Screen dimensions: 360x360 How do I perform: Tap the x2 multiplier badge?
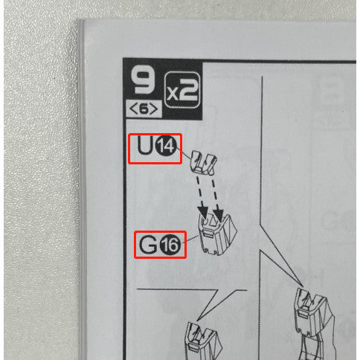tap(182, 90)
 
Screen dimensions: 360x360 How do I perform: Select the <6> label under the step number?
tap(144, 109)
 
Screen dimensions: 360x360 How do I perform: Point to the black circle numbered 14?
tap(166, 147)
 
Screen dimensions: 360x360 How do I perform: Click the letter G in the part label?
tap(148, 244)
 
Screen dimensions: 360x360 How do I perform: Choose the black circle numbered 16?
tap(170, 245)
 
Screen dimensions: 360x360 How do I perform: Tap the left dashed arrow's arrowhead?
tap(204, 211)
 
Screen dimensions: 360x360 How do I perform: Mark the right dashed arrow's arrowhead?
tap(219, 213)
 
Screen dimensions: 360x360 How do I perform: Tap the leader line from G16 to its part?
tap(190, 240)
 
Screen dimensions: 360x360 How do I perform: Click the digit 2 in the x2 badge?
tap(188, 90)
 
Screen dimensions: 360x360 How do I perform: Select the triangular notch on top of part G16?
tap(212, 221)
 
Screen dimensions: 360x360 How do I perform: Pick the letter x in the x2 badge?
tap(173, 94)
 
